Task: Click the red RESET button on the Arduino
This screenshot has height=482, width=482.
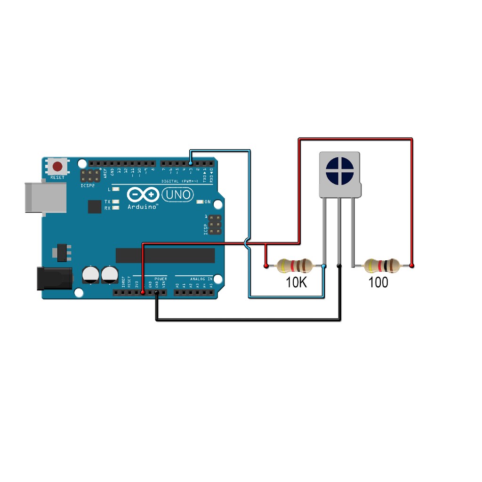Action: (58, 166)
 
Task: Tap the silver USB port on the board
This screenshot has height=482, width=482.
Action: (45, 197)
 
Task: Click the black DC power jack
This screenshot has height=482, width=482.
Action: (54, 278)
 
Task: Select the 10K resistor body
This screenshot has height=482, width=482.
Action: (295, 266)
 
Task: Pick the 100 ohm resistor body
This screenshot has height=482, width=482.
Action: (382, 266)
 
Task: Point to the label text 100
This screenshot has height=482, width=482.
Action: (378, 282)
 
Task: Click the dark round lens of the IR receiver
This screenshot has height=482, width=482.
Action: (339, 170)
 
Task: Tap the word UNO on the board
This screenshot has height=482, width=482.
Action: (178, 194)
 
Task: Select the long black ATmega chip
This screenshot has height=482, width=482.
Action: (165, 255)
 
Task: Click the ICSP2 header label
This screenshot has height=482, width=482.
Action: (88, 185)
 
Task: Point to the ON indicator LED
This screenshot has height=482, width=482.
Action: (200, 202)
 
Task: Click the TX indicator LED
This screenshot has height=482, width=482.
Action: (116, 201)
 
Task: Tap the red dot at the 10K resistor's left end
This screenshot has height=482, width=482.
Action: (266, 266)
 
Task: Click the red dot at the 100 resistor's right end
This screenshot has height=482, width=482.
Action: (412, 266)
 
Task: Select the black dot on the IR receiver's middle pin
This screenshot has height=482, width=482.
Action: (339, 266)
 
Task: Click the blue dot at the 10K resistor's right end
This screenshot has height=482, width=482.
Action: (324, 266)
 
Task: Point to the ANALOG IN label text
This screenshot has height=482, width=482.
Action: (201, 279)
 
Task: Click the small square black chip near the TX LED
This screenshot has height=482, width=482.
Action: (94, 206)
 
